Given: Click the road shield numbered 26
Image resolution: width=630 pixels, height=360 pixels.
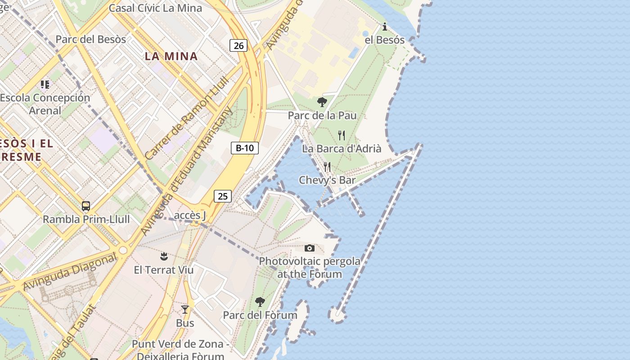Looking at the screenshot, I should (x=238, y=45).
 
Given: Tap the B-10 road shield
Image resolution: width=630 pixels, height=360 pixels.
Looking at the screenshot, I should (x=245, y=148).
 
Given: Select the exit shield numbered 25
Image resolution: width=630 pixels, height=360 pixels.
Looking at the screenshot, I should (x=223, y=196).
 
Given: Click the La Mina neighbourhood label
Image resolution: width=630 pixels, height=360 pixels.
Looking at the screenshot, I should (x=171, y=56).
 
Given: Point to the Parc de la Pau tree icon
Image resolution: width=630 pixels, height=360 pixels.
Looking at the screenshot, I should (x=322, y=102).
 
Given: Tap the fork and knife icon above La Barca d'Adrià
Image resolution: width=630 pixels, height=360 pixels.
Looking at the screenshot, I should (x=342, y=135).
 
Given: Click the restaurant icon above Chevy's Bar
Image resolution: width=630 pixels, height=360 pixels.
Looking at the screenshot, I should (x=327, y=167).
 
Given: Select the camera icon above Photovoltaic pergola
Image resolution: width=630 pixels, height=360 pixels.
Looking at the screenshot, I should (x=309, y=248).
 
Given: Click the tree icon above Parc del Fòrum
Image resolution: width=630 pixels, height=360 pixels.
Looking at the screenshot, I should (x=260, y=302).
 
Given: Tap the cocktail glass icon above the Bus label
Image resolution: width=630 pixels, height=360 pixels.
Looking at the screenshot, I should (x=184, y=310).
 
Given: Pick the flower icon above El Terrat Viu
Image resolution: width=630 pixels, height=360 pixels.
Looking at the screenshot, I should (x=164, y=256).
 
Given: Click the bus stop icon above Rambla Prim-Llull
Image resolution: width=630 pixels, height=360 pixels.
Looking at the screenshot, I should (x=86, y=206).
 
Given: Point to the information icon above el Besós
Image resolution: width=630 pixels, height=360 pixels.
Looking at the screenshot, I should (x=384, y=27).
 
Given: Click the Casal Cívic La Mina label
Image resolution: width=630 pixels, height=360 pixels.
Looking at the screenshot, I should (x=156, y=8).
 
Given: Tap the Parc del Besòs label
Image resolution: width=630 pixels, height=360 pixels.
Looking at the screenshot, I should (x=90, y=40).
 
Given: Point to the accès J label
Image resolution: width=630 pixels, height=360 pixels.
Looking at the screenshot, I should (x=190, y=216).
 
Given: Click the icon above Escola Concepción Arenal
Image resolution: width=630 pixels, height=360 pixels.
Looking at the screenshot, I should (x=45, y=84).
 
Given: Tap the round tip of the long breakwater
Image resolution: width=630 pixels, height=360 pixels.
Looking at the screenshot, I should (x=336, y=314).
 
